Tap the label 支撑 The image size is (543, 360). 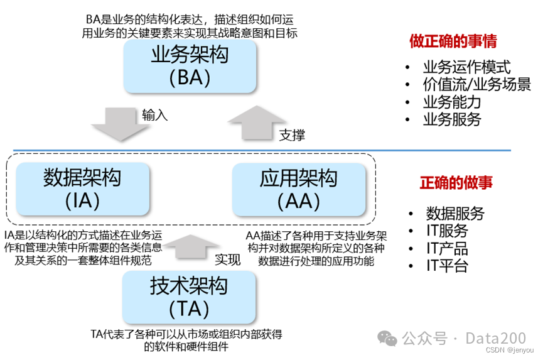click(x=293, y=134)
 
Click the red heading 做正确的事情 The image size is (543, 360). click(x=453, y=41)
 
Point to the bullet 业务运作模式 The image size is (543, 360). click(x=466, y=67)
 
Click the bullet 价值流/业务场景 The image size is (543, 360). click(x=476, y=84)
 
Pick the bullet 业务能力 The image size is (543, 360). click(x=451, y=102)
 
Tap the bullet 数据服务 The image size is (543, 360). click(x=455, y=213)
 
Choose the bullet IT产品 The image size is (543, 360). click(x=447, y=248)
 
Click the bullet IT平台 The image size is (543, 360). click(x=447, y=266)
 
